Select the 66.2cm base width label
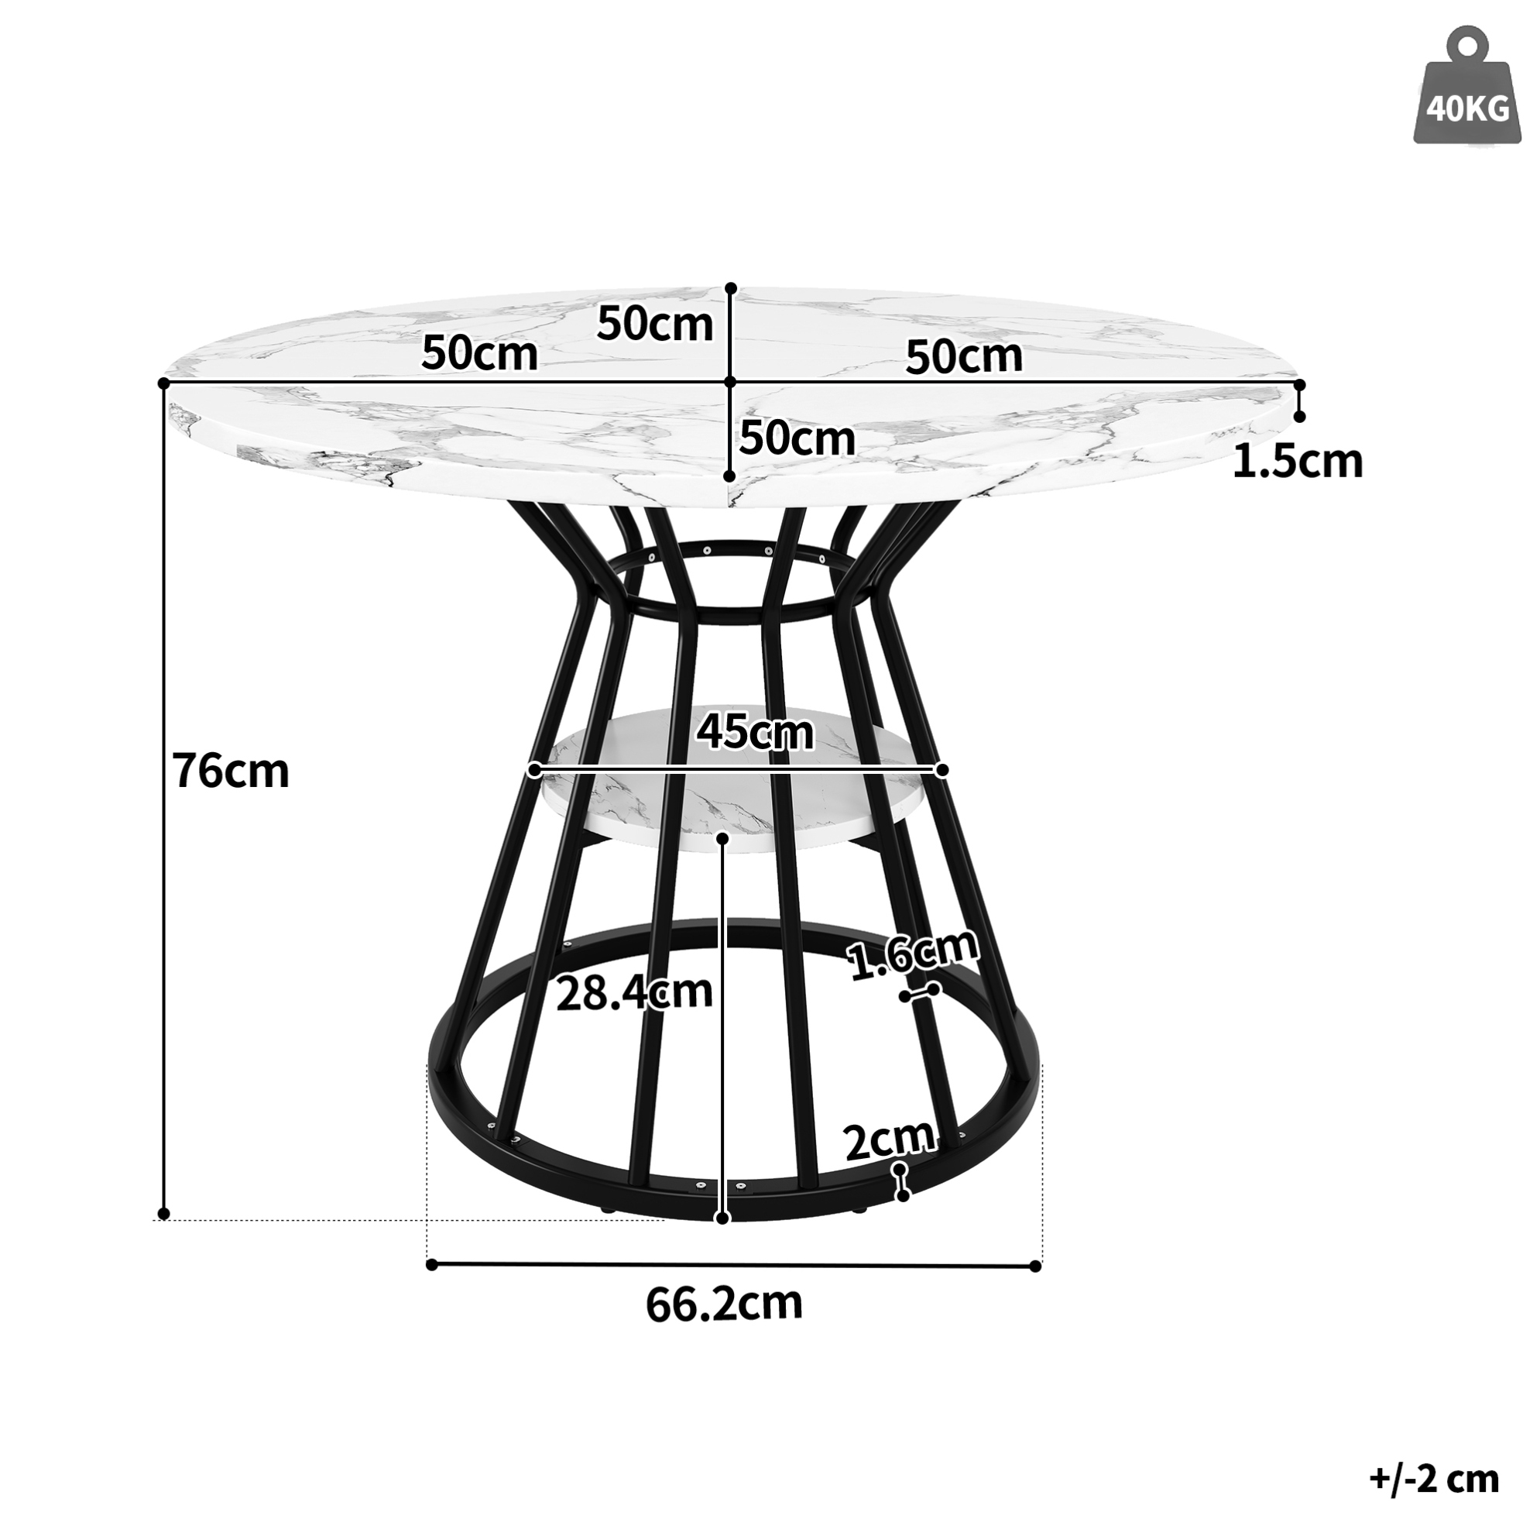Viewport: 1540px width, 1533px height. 723,1303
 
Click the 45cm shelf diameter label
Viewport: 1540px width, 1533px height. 755,731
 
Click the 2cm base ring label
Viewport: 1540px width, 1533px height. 889,1139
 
